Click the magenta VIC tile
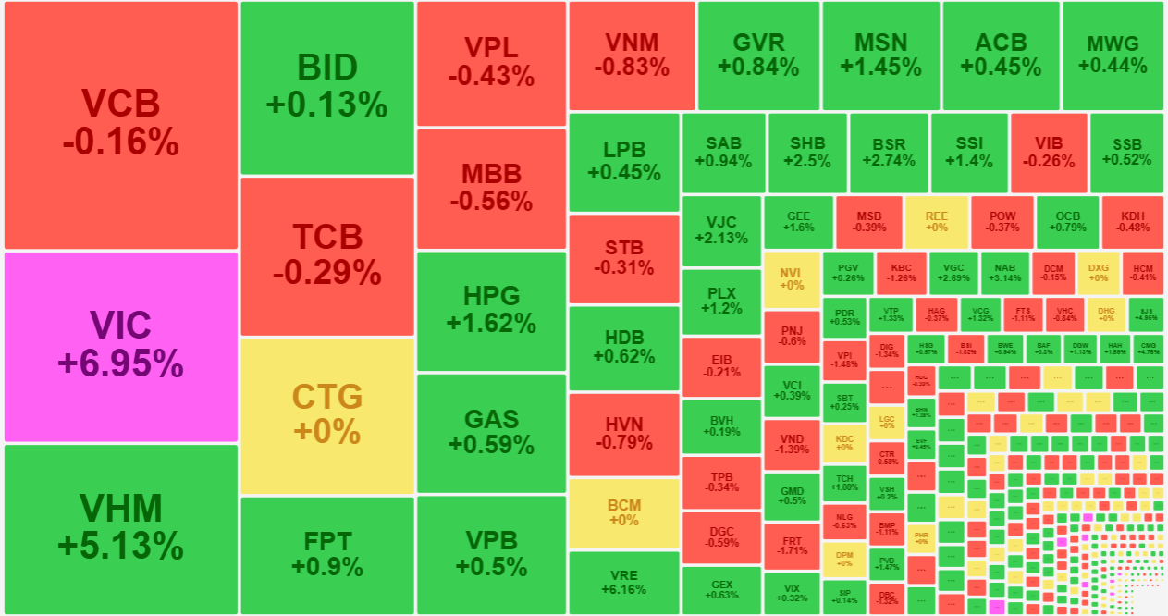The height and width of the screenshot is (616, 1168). tap(121, 346)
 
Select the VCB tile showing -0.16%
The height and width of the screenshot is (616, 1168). tap(121, 124)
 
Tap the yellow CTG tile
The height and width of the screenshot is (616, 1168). tap(326, 415)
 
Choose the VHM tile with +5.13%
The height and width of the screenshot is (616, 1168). tap(121, 528)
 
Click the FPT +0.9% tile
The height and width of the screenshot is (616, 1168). tap(326, 554)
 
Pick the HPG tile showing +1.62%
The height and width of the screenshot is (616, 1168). tap(491, 310)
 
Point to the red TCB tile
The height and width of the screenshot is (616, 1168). tap(326, 255)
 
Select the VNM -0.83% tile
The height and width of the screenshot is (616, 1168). tap(632, 55)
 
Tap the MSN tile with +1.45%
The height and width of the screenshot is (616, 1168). tap(880, 55)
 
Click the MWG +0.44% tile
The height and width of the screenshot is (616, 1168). tap(1113, 55)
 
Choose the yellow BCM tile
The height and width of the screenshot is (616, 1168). tap(623, 512)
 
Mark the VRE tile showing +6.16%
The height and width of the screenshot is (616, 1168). tap(623, 582)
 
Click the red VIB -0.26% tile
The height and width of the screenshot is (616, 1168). tap(1049, 153)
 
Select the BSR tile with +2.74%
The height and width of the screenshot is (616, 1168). tap(889, 153)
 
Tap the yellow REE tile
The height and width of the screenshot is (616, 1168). tap(937, 221)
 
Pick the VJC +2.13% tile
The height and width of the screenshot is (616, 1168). tap(721, 229)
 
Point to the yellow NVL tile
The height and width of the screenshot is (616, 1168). tap(792, 278)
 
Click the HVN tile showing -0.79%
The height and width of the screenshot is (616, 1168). tap(623, 433)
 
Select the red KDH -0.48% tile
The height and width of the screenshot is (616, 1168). tap(1133, 221)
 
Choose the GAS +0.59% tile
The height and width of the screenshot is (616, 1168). tap(491, 432)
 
